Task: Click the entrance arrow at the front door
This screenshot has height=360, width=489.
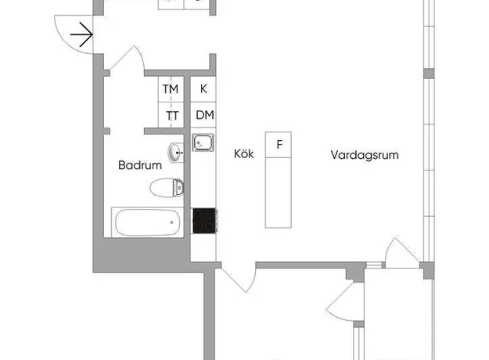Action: click(x=81, y=34)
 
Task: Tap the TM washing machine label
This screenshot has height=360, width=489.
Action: click(x=171, y=89)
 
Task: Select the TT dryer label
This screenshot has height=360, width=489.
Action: click(x=172, y=116)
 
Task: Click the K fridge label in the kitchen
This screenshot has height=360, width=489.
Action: click(x=203, y=89)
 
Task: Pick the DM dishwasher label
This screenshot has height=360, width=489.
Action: click(x=205, y=115)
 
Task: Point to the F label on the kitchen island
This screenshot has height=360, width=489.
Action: click(x=279, y=145)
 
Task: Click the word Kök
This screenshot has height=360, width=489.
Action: click(x=244, y=154)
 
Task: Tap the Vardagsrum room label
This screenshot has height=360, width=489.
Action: click(x=365, y=155)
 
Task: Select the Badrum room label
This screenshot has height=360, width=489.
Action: click(x=140, y=165)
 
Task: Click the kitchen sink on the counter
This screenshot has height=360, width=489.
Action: click(x=203, y=143)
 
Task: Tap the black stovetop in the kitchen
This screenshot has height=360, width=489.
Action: click(x=204, y=221)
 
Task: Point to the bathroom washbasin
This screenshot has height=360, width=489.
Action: click(x=176, y=153)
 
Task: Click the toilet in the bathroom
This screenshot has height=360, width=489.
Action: click(x=167, y=188)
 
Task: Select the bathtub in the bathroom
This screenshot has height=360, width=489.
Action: click(x=147, y=222)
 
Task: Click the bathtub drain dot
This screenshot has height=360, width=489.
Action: click(x=171, y=222)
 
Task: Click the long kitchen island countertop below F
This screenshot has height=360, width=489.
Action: click(x=279, y=193)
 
